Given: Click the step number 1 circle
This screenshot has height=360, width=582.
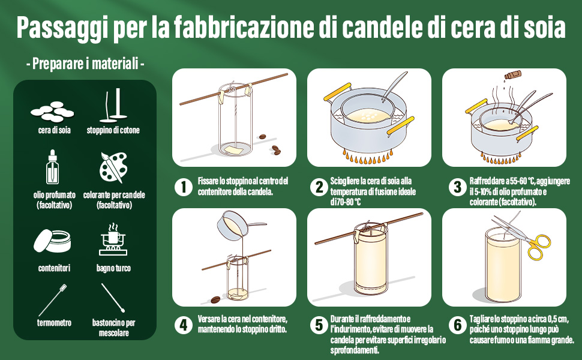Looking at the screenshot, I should pyautogui.click(x=183, y=187).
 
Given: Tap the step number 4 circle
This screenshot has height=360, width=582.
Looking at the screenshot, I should pyautogui.click(x=183, y=325).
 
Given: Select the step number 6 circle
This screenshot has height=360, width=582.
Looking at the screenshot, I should pyautogui.click(x=457, y=325).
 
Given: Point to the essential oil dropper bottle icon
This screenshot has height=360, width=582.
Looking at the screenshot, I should pyautogui.click(x=53, y=168).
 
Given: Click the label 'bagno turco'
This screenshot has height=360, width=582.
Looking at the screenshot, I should pyautogui.click(x=113, y=268).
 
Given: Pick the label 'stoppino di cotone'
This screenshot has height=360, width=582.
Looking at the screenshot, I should pyautogui.click(x=113, y=130).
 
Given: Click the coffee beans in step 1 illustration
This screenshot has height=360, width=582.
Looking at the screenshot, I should pyautogui.click(x=275, y=149).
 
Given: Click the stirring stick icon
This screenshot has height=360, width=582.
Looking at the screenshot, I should pyautogui.click(x=113, y=298).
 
